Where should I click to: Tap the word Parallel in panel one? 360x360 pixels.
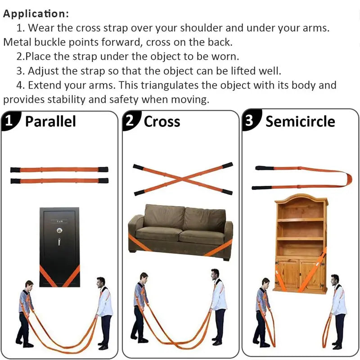[x=50, y=121]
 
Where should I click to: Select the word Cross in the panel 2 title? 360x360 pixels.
[x=162, y=121]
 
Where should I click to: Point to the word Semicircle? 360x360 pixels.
[x=300, y=121]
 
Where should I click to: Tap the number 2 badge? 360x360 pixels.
[x=130, y=121]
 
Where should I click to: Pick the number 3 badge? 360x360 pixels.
[x=250, y=121]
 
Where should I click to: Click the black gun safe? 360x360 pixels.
[x=59, y=243]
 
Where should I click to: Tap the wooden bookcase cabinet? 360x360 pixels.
[x=301, y=243]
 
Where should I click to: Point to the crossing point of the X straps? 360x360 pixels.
[x=182, y=179]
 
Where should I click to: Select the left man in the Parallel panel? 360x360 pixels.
[x=26, y=310]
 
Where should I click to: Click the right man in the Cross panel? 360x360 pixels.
[x=218, y=306]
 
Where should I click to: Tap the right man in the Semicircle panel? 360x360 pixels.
[x=337, y=308]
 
